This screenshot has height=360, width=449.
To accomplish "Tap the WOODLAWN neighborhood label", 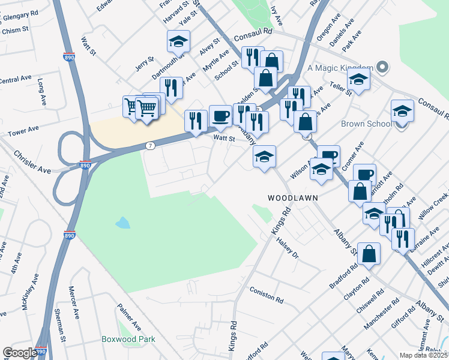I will pos(292,197).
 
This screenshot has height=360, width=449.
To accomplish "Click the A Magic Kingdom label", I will pos(340,67).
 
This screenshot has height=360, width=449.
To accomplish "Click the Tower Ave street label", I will pos(23,131).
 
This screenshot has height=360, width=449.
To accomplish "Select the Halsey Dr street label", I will pos(288,247).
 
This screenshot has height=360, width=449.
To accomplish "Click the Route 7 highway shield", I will pos(149,146).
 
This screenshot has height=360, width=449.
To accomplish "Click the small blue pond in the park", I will pos(122,223).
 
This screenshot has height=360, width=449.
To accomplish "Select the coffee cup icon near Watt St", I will pos(221,116).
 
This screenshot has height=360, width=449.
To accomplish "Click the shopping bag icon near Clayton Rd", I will pos(370,253).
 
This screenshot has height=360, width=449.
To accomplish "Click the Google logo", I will pos(20,353).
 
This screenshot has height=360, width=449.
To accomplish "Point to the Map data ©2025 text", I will pos(423,355).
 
